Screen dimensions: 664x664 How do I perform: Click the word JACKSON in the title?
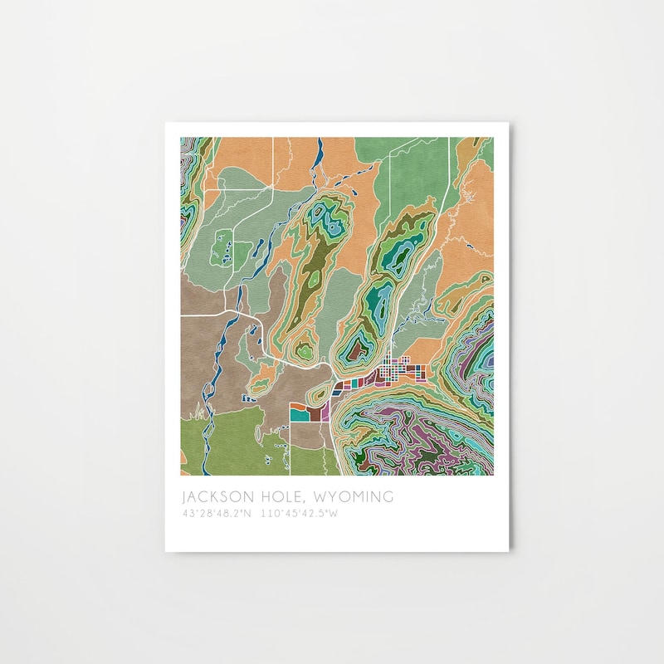pyautogui.click(x=217, y=497)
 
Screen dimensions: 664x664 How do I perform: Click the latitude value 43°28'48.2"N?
pyautogui.click(x=217, y=514)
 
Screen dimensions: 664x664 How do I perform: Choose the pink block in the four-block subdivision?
pyautogui.click(x=325, y=412)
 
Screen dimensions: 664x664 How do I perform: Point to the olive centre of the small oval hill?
pyautogui.click(x=320, y=394)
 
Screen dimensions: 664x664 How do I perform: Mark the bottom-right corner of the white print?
pyautogui.click(x=510, y=549)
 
